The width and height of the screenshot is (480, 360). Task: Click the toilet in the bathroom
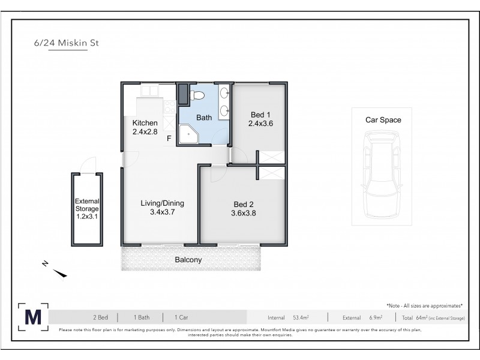[x=197, y=95]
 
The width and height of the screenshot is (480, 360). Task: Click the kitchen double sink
[x=149, y=91]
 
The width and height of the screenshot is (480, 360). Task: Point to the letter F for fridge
[x=170, y=139]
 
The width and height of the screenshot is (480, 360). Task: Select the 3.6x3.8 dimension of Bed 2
[x=244, y=212]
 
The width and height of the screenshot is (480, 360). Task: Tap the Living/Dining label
[x=162, y=203]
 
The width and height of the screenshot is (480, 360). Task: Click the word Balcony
[x=188, y=260]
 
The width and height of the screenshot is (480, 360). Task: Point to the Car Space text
[x=383, y=120]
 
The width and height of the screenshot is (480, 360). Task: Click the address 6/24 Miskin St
[x=67, y=43]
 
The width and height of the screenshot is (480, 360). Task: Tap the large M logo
[x=33, y=317]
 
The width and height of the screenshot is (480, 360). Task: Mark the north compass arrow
[x=60, y=274]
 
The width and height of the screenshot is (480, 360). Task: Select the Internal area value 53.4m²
[x=300, y=317]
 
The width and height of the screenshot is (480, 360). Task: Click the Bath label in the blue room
[x=205, y=118]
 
